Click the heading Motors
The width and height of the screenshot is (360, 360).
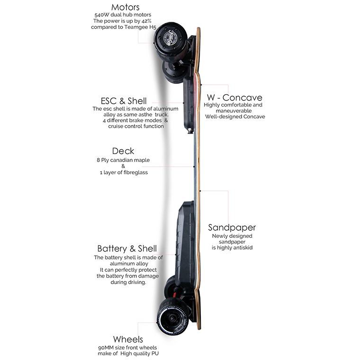(x=126, y=7)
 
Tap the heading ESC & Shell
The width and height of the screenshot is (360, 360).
(x=124, y=101)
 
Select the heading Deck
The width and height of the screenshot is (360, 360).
(x=123, y=151)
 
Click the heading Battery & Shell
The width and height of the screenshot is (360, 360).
(x=127, y=249)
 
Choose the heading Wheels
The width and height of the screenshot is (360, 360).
(x=128, y=339)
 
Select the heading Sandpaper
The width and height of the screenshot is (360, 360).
(x=232, y=228)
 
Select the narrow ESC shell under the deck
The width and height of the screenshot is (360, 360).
(x=188, y=105)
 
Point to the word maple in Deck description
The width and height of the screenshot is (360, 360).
(x=140, y=161)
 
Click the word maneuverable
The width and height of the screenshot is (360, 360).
(x=233, y=111)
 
